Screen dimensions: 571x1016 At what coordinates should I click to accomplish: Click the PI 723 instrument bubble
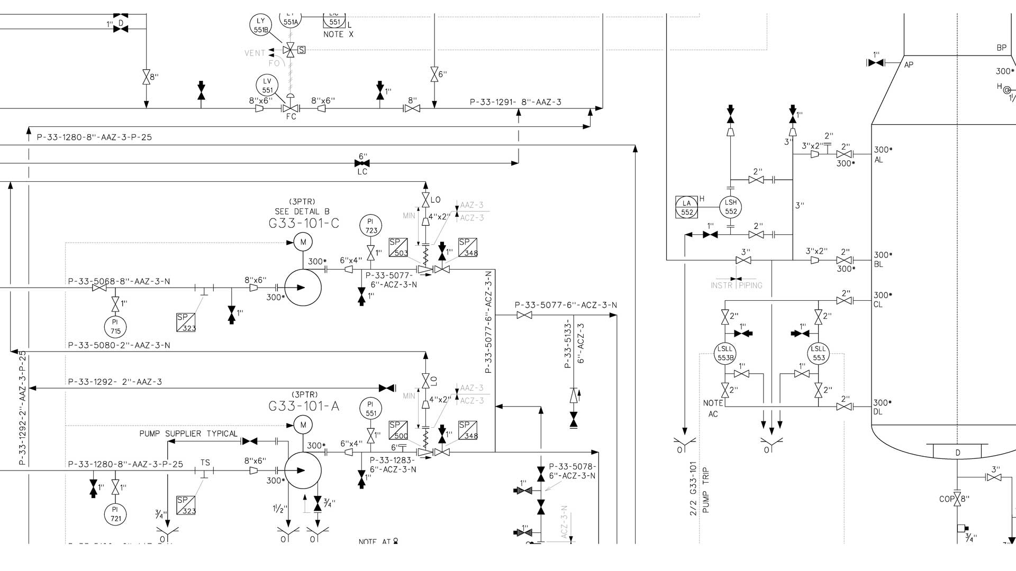(371, 226)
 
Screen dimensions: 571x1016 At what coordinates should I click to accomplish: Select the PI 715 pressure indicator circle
(115, 326)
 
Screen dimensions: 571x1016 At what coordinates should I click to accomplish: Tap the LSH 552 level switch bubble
(730, 207)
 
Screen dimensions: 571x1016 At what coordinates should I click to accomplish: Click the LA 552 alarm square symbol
(687, 207)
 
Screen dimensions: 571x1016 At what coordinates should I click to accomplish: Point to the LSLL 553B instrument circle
(725, 353)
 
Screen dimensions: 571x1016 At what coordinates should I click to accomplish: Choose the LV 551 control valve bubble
(267, 85)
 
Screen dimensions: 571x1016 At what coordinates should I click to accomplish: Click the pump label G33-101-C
(304, 223)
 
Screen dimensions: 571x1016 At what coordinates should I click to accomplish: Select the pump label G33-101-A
(304, 406)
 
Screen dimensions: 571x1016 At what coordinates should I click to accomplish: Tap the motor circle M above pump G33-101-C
(303, 242)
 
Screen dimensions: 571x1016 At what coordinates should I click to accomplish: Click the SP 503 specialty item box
(398, 247)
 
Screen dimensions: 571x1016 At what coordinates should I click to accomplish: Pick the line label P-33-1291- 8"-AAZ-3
(515, 102)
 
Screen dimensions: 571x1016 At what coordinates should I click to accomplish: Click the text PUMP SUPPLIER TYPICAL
(188, 434)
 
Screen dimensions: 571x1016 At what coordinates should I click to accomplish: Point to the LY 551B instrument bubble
(260, 25)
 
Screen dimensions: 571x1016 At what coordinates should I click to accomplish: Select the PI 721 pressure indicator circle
(115, 513)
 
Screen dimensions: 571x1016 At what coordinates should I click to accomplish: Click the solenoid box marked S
(302, 50)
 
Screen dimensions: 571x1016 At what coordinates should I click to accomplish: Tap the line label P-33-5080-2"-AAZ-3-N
(119, 345)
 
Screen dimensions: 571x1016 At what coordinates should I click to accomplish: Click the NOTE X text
(338, 34)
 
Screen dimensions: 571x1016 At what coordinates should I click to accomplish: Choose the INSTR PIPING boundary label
(736, 285)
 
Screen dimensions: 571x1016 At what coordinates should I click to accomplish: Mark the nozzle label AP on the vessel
(909, 65)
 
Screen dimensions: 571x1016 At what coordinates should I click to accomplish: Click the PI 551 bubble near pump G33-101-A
(371, 409)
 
